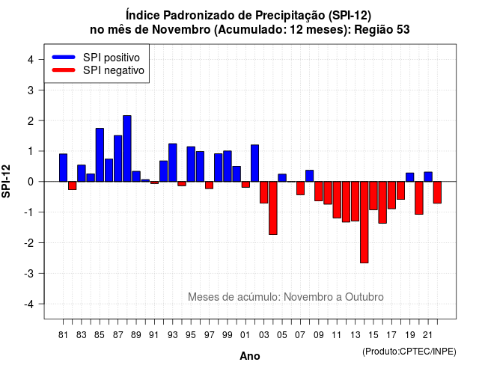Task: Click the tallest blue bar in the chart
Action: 127,148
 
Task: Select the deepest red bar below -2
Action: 364,222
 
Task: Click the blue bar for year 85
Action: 100,155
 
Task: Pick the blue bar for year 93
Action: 173,162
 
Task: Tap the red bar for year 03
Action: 264,192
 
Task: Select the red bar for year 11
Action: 337,200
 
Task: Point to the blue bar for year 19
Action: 410,177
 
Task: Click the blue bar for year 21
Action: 428,177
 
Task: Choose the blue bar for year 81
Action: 63,168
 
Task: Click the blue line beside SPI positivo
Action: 64,57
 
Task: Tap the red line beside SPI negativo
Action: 64,70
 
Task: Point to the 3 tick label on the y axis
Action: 31,90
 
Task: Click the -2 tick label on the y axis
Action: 29,242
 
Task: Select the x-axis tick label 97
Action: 210,335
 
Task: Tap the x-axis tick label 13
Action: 356,335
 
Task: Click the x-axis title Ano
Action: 250,356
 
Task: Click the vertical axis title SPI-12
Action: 6,181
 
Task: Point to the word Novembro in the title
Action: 181,30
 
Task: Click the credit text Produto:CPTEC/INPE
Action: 409,352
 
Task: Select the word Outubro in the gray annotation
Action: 364,297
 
